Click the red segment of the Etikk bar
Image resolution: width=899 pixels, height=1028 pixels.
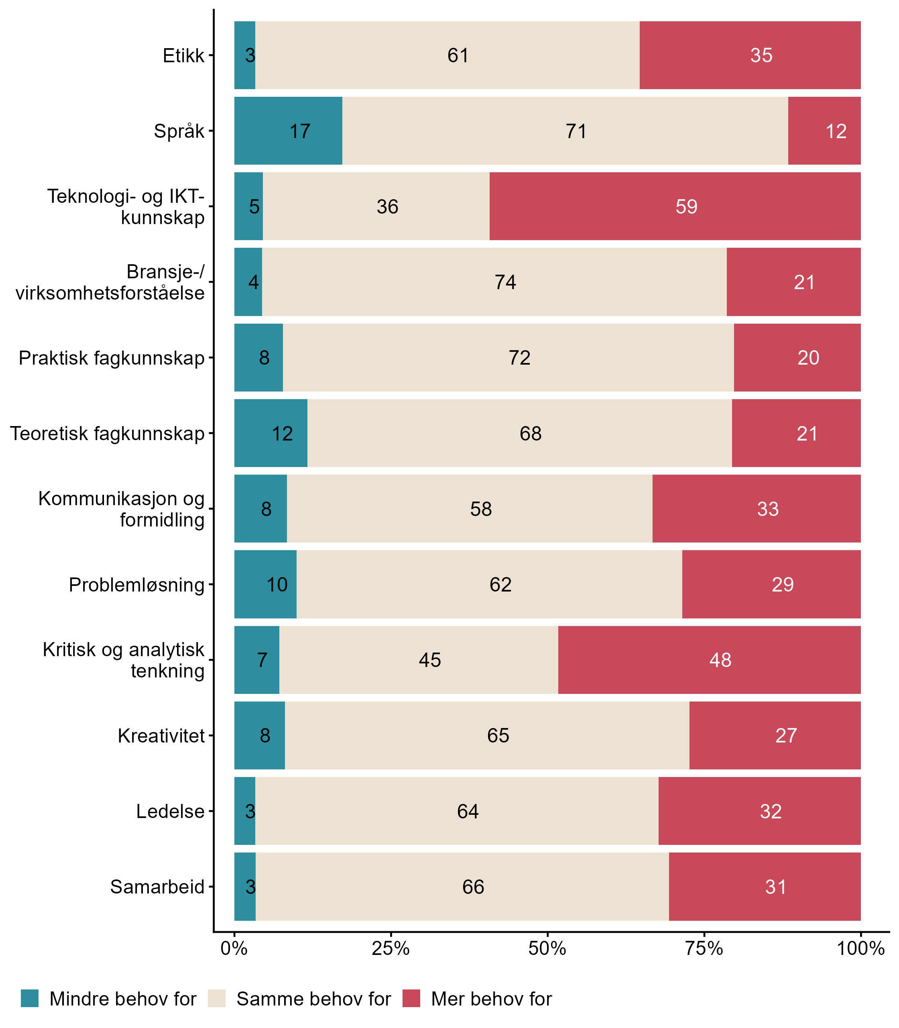(750, 55)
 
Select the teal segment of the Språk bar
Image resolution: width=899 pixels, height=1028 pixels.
(288, 131)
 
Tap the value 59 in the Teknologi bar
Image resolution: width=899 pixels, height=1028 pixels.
(686, 207)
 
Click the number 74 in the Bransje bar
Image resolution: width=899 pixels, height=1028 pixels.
(505, 282)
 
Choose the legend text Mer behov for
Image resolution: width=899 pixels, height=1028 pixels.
(491, 999)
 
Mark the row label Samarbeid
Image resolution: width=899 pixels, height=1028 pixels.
(157, 887)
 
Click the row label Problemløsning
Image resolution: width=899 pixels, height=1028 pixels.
(136, 585)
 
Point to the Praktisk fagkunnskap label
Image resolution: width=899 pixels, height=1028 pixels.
(112, 358)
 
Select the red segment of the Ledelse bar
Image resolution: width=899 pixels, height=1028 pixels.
(759, 811)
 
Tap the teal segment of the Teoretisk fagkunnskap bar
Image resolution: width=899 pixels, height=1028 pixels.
(271, 433)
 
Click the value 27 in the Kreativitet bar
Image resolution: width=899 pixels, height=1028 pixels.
(786, 736)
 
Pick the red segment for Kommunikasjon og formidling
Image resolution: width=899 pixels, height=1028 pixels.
(757, 509)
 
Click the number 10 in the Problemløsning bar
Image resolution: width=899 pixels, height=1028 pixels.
(277, 585)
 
